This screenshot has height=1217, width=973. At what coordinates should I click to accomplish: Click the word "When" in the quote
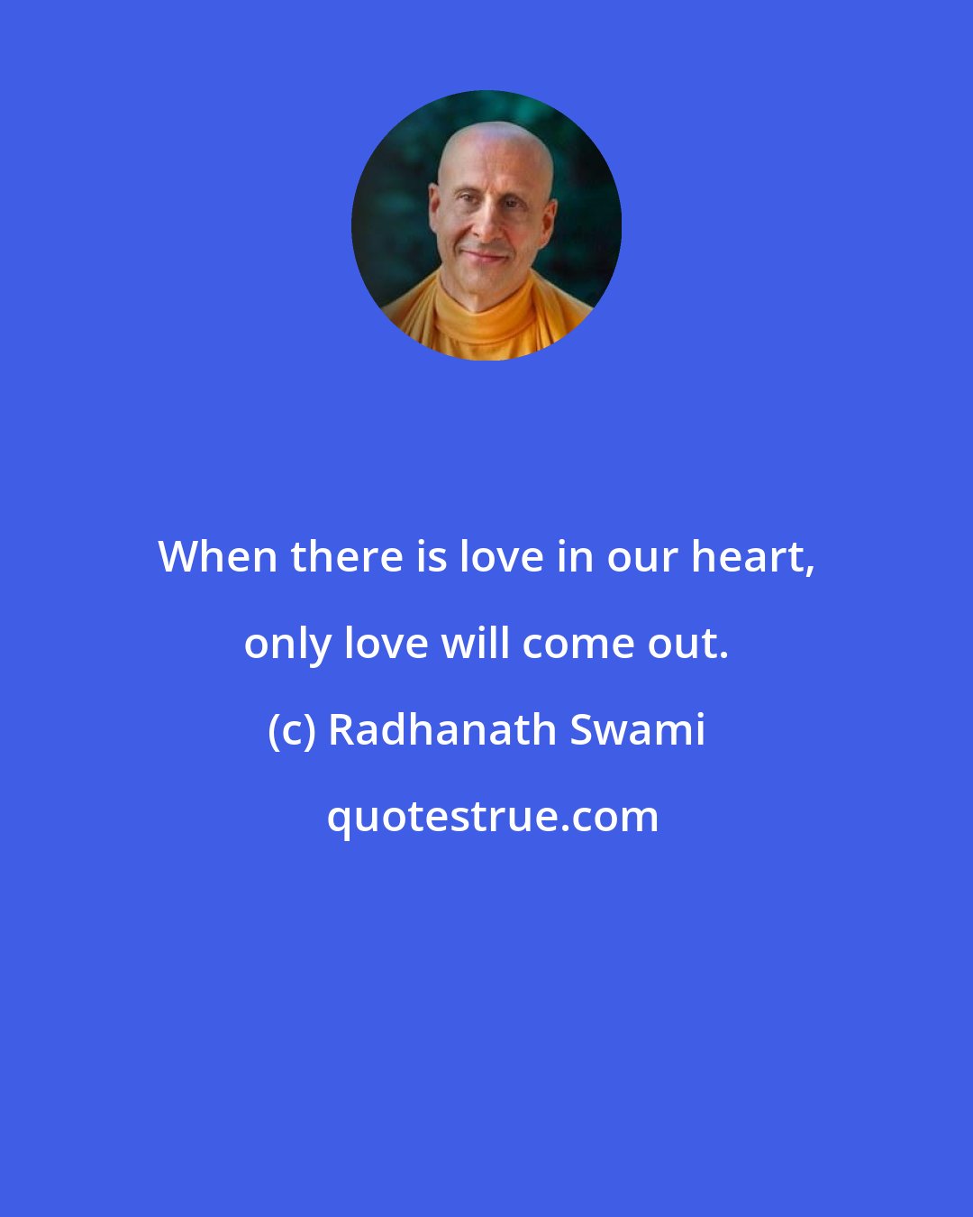tap(217, 557)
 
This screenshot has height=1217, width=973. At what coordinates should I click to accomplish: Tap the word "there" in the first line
tap(346, 557)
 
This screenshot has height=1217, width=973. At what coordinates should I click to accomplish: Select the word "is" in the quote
tap(431, 557)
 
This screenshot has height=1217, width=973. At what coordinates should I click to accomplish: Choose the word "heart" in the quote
tap(750, 557)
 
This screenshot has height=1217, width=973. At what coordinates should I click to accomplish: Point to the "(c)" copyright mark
tap(291, 730)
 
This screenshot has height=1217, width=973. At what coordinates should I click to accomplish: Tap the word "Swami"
tap(637, 730)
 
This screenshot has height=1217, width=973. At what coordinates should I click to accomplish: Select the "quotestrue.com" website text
tap(492, 817)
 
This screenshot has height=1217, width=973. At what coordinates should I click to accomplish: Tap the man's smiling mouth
tap(485, 256)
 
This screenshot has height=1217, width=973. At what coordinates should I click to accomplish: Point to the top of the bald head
tap(496, 135)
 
